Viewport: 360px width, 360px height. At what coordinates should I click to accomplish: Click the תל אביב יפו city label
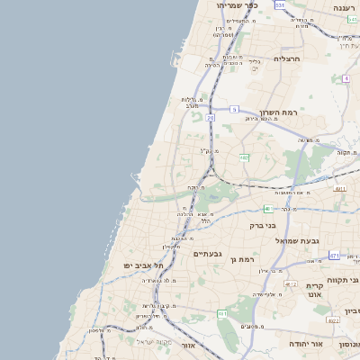tap(144, 265)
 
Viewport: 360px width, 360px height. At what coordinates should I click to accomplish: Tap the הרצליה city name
tap(285, 58)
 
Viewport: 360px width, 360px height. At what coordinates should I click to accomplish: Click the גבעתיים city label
tap(207, 254)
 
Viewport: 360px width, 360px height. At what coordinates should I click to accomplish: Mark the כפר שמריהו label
tap(237, 5)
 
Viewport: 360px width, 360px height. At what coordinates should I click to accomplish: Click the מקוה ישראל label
tap(152, 342)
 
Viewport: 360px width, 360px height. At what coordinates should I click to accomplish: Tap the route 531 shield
tap(280, 5)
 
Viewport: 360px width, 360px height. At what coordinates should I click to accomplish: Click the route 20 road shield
tap(211, 117)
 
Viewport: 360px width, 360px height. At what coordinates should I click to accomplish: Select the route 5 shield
tap(233, 109)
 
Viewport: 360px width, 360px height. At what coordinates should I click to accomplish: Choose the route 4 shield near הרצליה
tap(345, 78)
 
